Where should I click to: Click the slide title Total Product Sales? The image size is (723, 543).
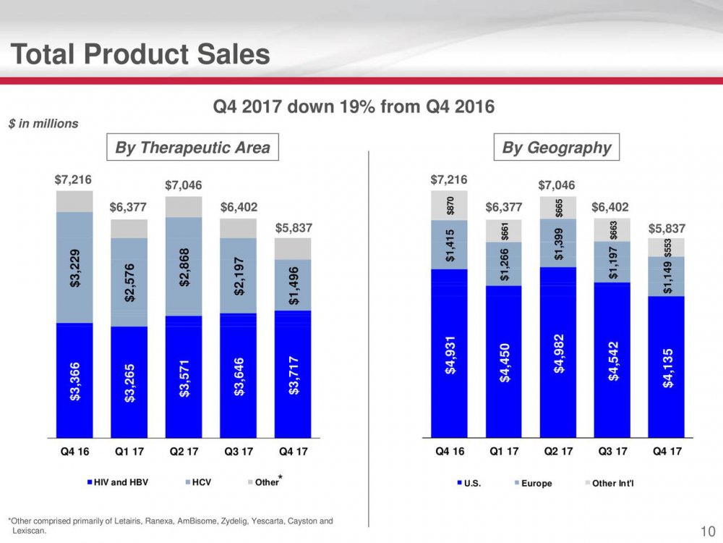point(141,54)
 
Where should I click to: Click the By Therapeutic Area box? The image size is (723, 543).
point(192,148)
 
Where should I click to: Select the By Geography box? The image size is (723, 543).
point(557,148)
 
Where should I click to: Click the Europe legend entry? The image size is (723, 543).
point(536,483)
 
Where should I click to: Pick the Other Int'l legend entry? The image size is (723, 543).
point(612,483)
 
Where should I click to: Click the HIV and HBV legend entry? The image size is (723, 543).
point(117,482)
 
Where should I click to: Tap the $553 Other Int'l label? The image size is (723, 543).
point(668,248)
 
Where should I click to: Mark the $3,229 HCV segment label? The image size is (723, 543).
point(76,269)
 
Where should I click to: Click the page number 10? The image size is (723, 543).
point(708,531)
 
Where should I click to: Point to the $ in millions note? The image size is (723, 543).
point(43,124)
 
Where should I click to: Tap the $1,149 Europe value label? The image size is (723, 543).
point(668,277)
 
